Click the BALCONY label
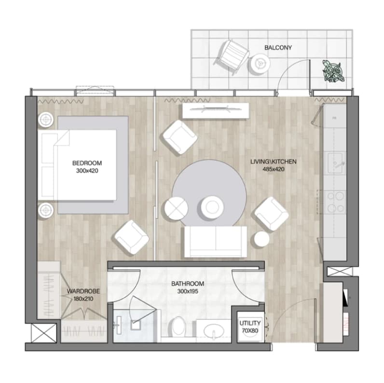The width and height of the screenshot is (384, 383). point(278,47)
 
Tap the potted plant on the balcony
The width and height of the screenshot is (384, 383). point(333,71)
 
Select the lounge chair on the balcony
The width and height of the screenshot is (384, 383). point(232,56)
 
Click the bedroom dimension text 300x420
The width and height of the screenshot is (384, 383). point(87,171)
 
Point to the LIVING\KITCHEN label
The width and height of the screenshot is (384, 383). point(274,162)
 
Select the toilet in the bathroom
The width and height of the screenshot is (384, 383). point(178,327)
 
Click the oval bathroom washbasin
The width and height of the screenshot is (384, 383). point(214,331)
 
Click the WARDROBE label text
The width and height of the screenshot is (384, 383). point(83,291)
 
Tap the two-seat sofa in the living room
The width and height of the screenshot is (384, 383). point(216,242)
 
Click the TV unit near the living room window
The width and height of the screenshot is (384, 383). point(216,110)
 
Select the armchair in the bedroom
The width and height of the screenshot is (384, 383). point(131,237)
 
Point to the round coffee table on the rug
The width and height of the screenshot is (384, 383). point(212,207)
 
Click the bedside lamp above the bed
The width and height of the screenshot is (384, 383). point(46,120)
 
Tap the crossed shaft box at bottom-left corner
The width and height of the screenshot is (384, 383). point(43,333)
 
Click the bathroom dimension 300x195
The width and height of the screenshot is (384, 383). point(188,291)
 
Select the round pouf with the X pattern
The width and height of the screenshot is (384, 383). point(176,208)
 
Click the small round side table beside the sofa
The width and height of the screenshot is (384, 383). point(261,239)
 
